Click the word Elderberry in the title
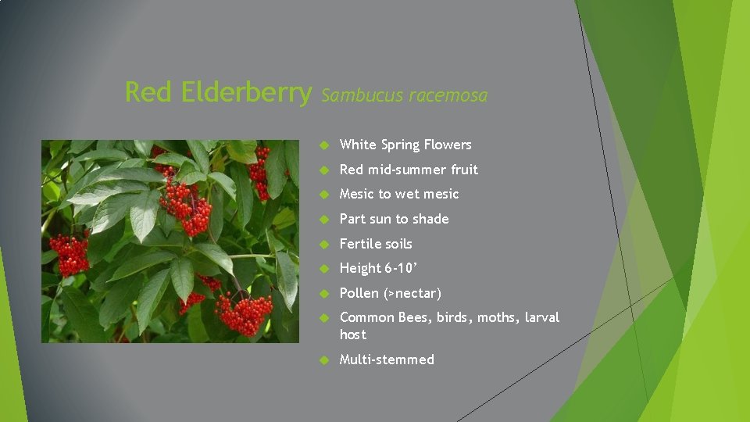click(246, 93)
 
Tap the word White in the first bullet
click(358, 145)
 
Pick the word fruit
click(464, 170)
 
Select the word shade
click(430, 219)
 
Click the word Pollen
click(359, 293)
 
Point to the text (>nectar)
click(412, 293)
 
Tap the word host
click(353, 334)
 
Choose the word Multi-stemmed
click(387, 359)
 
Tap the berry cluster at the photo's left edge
click(71, 254)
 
